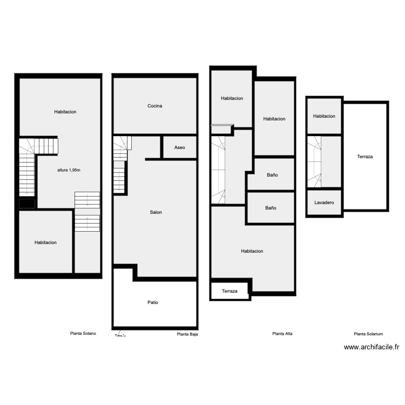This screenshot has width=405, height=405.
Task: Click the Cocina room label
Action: pos(154,106)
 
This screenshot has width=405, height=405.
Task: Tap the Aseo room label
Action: pos(179,147)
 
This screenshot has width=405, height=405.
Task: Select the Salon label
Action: pos(156,212)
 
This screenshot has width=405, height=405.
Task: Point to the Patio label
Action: pos(153,302)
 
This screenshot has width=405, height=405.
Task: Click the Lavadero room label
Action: pos(324,202)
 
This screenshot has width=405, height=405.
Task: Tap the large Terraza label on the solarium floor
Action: pos(365,157)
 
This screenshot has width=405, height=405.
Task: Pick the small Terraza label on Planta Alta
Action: pos(230,291)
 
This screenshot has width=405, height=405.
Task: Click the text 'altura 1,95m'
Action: pos(69,170)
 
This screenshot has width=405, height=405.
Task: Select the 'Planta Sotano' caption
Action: pos(83,333)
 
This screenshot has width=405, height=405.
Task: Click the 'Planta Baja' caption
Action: pos(187,334)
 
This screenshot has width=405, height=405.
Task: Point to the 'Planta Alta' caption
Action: pos(282,334)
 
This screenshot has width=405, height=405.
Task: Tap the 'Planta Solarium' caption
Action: pos(368,334)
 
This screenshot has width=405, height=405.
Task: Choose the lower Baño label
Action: pos(271,207)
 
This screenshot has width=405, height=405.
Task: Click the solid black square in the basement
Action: pos(27,204)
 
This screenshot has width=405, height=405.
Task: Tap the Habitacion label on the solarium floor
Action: pos(324,116)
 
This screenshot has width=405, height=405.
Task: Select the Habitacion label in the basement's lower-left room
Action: pos(45,242)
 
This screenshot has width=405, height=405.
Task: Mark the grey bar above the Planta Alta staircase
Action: pos(220,125)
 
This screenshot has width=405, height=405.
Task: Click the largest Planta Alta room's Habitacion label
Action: pos(252,251)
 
